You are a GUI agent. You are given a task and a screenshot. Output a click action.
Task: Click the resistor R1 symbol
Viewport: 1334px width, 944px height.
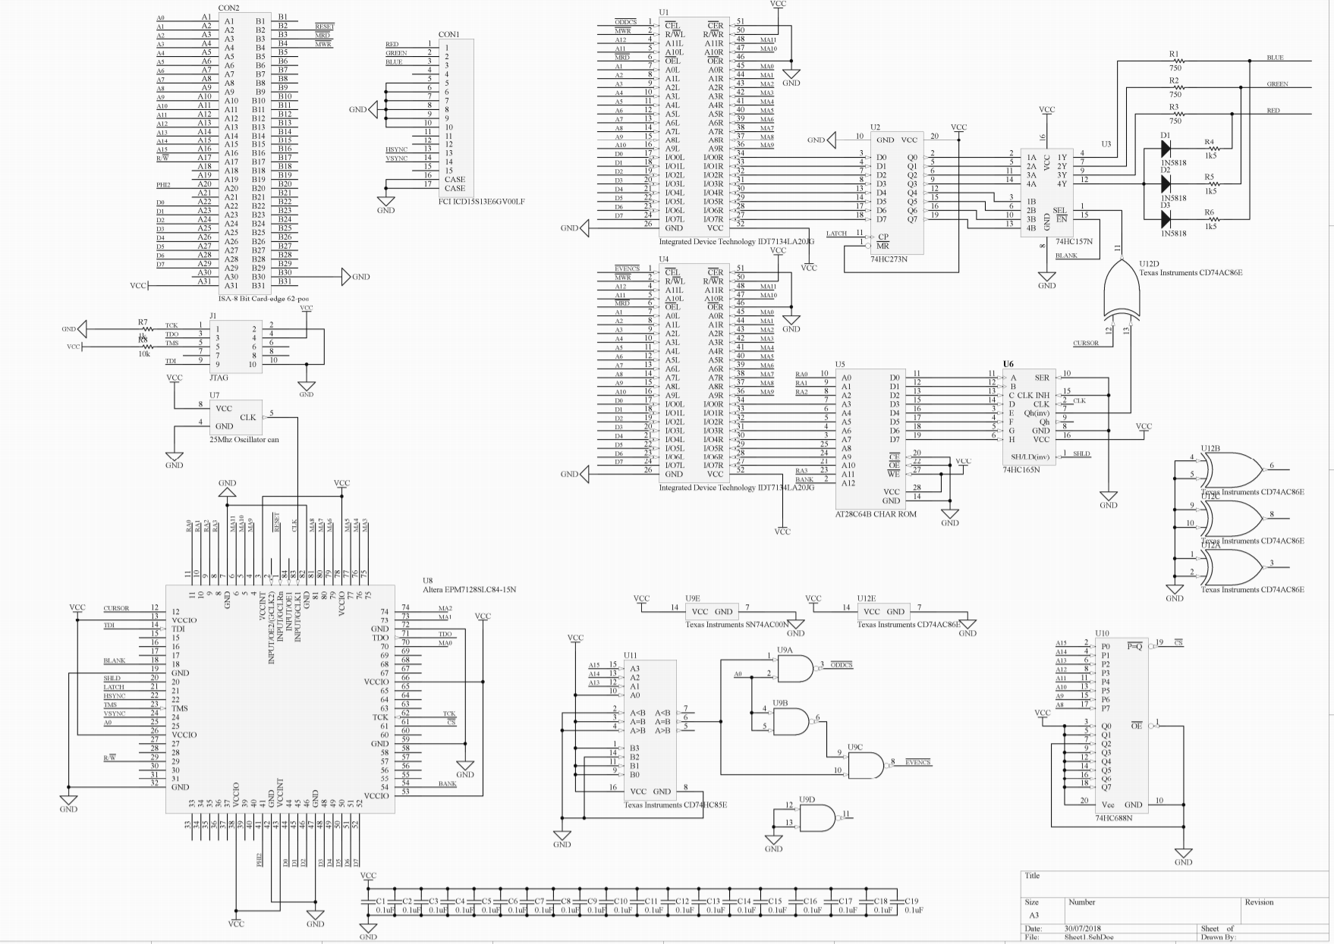(x=1175, y=61)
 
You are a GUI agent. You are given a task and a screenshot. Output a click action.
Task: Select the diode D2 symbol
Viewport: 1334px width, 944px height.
(x=1166, y=183)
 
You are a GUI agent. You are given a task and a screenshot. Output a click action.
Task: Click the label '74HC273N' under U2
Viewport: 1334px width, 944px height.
(x=889, y=259)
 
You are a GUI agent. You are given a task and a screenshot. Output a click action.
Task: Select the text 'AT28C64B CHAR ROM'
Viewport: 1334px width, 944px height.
(x=876, y=514)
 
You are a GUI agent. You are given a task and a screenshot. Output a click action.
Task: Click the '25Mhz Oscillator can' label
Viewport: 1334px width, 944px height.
(x=244, y=439)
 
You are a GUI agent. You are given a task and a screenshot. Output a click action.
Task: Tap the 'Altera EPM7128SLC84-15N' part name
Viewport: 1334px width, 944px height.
(x=469, y=589)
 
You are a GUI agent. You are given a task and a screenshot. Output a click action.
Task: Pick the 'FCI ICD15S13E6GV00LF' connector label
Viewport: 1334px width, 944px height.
(x=481, y=202)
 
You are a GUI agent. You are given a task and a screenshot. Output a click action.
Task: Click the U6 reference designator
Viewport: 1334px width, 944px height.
(x=1008, y=364)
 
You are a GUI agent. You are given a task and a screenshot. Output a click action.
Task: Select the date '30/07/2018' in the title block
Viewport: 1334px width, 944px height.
(x=1083, y=928)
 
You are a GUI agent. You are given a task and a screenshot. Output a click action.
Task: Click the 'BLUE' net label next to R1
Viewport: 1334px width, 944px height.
(x=1275, y=58)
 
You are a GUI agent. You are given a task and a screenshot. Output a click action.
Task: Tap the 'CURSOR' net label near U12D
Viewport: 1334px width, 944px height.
(x=1085, y=343)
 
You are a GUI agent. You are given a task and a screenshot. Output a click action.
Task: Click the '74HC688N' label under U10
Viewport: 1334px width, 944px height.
(x=1113, y=818)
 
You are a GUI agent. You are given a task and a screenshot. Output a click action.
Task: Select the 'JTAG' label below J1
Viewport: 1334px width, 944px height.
(x=219, y=377)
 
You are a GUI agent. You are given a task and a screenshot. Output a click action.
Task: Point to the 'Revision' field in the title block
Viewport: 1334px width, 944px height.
(x=1259, y=902)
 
